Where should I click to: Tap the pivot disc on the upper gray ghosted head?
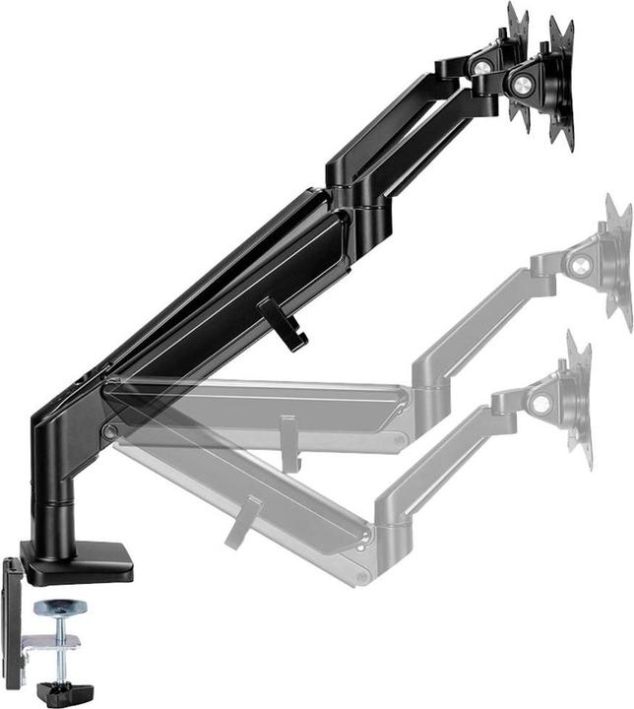click(581, 264)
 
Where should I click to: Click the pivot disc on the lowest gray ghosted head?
click(539, 403)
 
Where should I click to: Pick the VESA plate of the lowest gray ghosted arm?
click(580, 399)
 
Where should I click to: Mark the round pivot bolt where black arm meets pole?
click(109, 431)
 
